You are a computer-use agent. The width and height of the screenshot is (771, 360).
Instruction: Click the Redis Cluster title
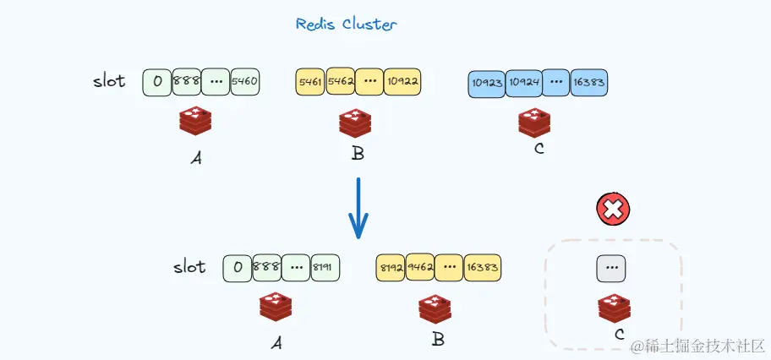point(346,24)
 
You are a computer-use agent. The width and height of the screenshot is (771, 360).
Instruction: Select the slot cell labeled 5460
point(245,82)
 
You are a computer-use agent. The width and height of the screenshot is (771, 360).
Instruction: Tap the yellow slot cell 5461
point(310,82)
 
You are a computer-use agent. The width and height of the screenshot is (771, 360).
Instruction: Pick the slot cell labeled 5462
point(340,81)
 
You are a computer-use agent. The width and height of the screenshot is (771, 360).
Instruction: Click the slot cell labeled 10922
point(402,82)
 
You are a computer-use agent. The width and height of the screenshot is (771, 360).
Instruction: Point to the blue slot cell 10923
point(486,84)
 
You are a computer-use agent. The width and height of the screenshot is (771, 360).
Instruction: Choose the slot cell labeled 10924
point(523,84)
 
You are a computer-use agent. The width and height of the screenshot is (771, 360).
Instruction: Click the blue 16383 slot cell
point(589,83)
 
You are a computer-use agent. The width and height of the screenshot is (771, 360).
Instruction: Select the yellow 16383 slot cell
point(484,268)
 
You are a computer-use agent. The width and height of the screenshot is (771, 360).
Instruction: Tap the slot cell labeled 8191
point(324,268)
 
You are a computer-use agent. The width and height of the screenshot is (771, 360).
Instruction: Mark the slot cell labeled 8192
point(391,268)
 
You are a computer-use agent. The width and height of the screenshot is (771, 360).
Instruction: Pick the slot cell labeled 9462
point(421,268)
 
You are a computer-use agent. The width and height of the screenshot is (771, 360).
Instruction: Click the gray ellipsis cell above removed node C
point(611,268)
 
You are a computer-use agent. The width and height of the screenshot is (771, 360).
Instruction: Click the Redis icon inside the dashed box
point(615,308)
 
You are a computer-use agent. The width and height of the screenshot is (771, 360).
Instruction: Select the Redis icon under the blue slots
point(534,123)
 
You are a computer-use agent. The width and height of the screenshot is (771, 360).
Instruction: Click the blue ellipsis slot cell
point(555,83)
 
